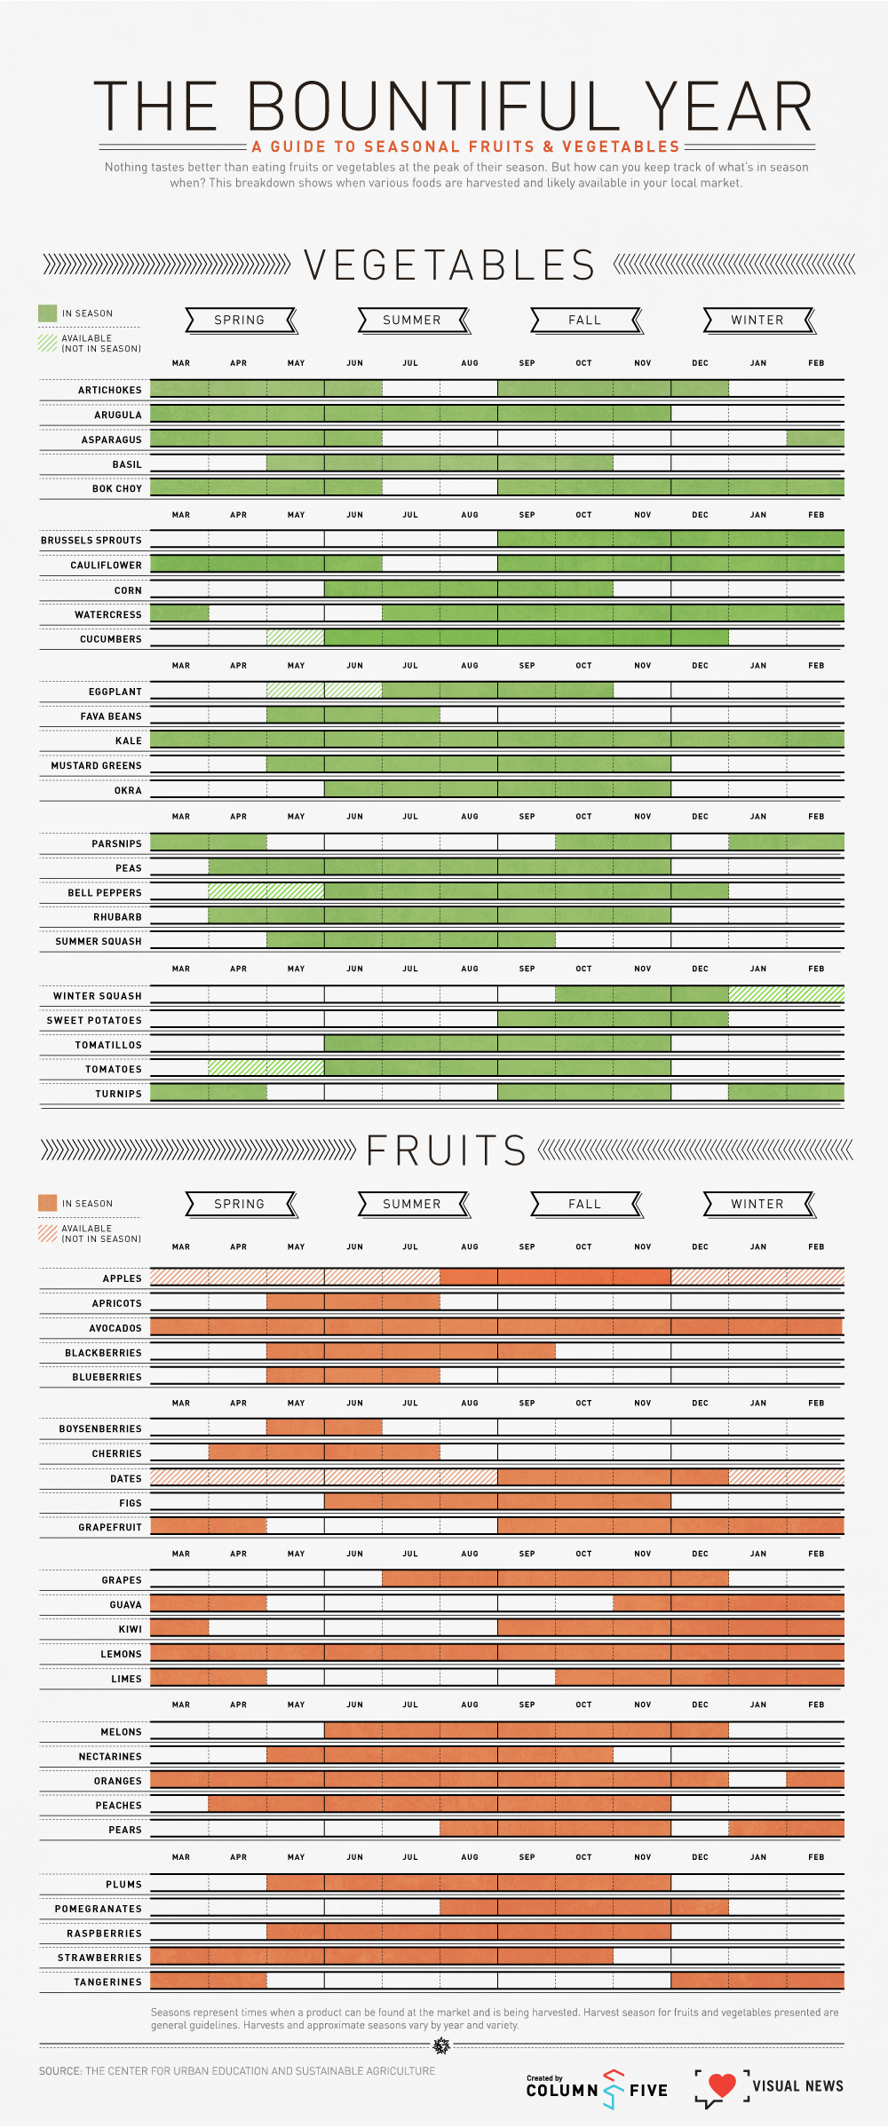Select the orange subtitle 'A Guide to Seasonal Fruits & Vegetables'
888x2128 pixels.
[465, 146]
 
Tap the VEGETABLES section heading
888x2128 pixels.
[449, 265]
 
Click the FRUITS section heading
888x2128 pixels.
[447, 1151]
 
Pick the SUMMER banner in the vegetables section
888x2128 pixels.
[412, 320]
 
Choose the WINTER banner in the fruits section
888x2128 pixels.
[757, 1204]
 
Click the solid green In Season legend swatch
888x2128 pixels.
[48, 313]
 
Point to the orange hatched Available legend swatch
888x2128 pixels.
[48, 1232]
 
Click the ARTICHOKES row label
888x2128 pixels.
[110, 391]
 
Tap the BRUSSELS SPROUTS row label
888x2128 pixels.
[91, 541]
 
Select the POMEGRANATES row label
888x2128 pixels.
[99, 1909]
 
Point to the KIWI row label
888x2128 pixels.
[131, 1629]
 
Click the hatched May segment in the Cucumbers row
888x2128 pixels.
[296, 637]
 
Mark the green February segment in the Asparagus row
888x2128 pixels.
[815, 438]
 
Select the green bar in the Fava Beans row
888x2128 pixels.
[353, 715]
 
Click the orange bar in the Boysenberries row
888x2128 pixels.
[324, 1428]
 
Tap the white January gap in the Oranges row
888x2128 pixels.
[757, 1779]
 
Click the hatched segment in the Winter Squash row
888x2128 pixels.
[786, 994]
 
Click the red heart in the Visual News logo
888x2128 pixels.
[722, 2084]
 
